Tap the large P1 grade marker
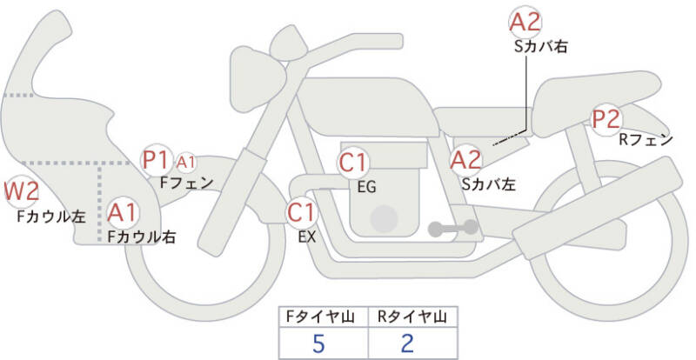157,160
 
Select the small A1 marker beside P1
186,161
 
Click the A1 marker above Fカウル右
123,212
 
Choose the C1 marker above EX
302,211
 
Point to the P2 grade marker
606,118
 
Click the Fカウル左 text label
50,215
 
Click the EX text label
307,235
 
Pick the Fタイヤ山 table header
318,317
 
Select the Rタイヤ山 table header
408,317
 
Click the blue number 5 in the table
318,343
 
